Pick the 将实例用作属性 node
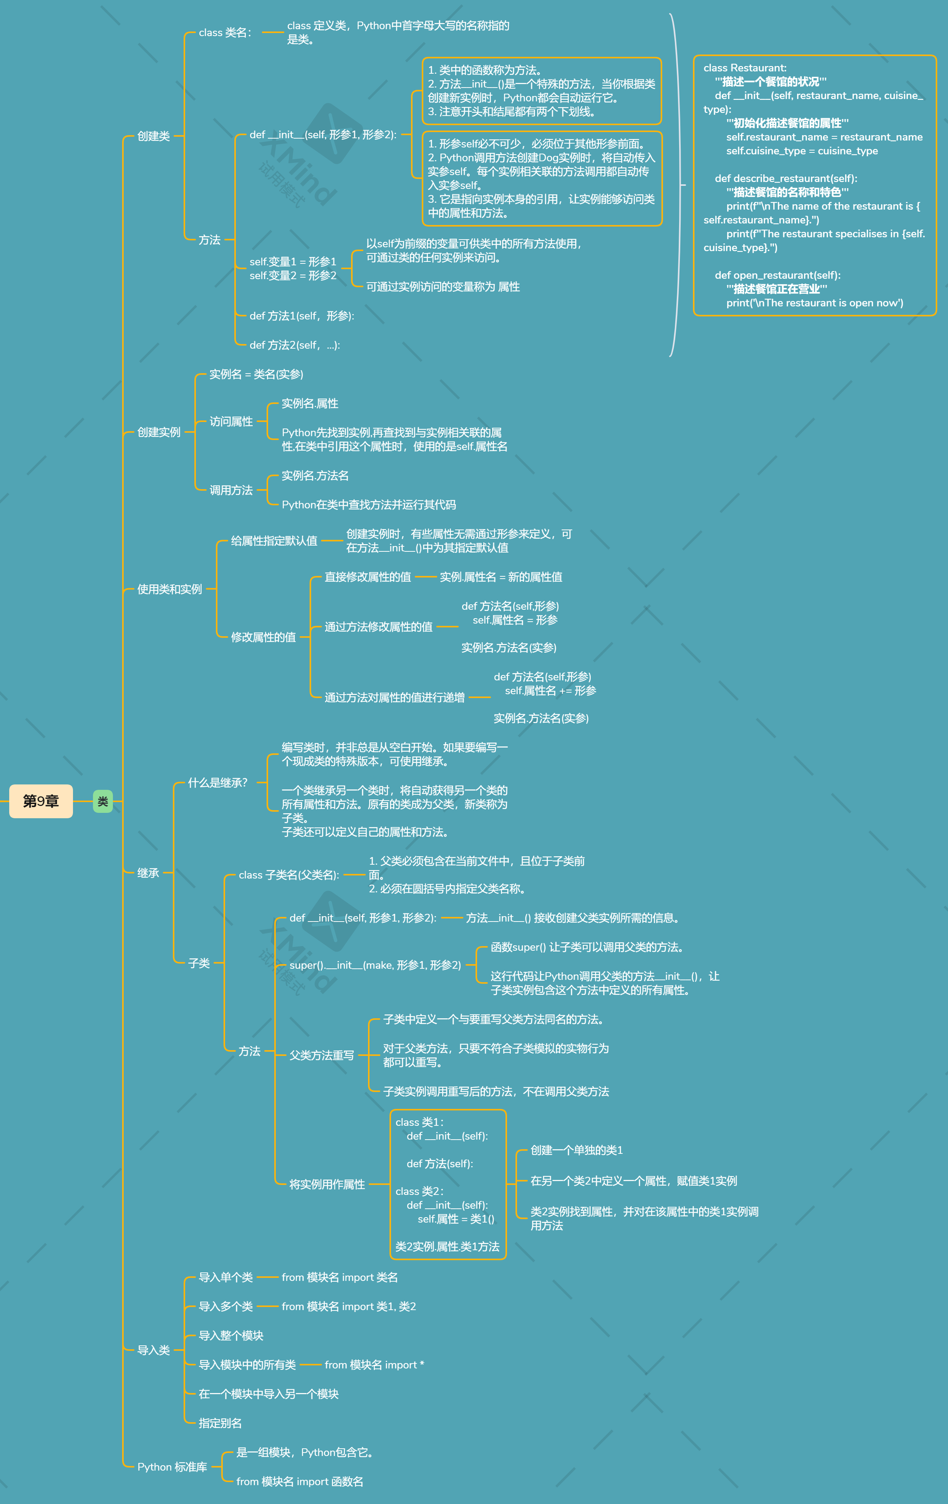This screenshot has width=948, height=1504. pos(327,1184)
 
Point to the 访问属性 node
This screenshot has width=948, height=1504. pos(231,422)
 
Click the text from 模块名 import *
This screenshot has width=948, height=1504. pos(375,1365)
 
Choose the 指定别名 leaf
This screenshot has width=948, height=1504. pos(220,1423)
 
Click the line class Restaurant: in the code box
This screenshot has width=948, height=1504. pos(745,68)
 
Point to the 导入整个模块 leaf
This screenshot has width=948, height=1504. pos(231,1335)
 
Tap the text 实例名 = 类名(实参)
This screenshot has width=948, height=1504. pos(256,374)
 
